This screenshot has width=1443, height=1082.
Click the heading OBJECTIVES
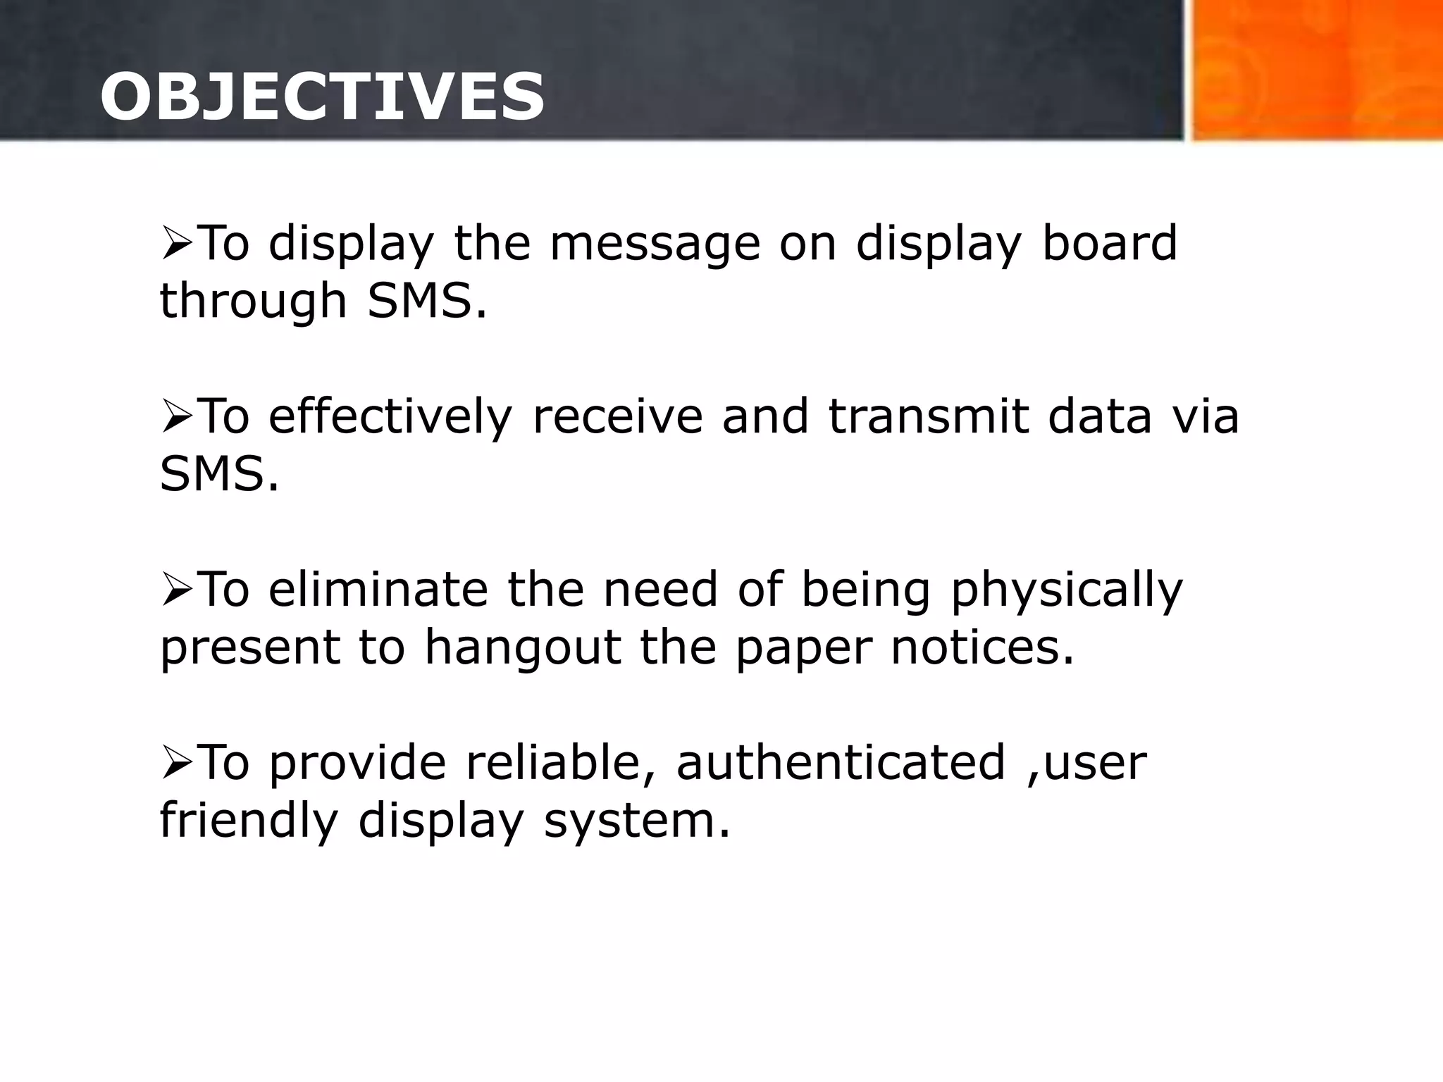coord(322,97)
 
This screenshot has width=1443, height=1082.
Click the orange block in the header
coord(1316,70)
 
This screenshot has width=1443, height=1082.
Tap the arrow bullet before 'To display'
coord(177,244)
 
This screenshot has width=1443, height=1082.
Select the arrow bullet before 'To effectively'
coord(177,417)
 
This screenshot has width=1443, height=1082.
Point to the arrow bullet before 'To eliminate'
coord(177,590)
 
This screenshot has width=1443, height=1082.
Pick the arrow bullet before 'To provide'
coord(177,764)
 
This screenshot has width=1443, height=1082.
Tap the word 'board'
coord(1109,244)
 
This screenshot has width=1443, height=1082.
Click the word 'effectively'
coord(390,417)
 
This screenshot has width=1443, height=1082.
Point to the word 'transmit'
coord(928,417)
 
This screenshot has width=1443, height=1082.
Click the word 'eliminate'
coord(378,590)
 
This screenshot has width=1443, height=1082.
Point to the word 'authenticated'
coord(841,764)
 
